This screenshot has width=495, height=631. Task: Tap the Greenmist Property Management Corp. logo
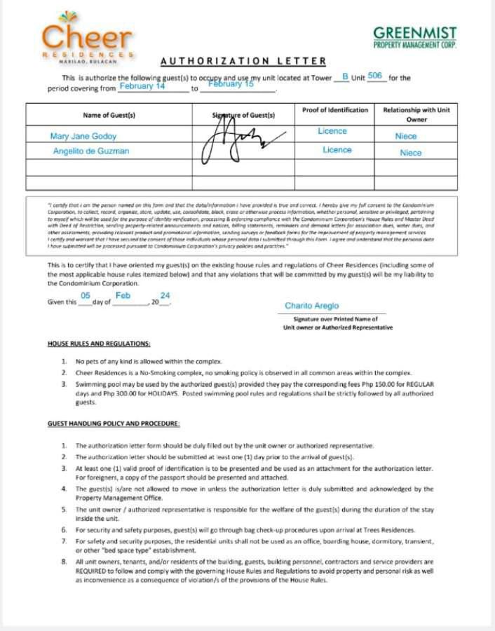click(414, 37)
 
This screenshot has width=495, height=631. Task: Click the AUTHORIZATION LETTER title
click(243, 62)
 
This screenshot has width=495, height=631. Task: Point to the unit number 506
click(374, 75)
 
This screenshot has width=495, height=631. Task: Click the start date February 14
click(142, 86)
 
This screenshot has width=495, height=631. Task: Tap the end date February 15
click(231, 84)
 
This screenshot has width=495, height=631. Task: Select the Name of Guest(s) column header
click(109, 115)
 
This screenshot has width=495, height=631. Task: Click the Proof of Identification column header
click(334, 111)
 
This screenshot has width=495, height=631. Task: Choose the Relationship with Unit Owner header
click(416, 115)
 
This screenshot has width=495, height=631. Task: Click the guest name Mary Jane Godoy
click(83, 137)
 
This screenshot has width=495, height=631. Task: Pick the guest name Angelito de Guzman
click(91, 151)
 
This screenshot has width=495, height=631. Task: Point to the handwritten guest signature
click(238, 140)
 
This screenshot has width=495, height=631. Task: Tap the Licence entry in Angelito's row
click(337, 150)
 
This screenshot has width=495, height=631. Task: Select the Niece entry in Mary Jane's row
click(406, 137)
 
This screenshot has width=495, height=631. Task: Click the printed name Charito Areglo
click(311, 306)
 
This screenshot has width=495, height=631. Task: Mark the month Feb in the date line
click(123, 296)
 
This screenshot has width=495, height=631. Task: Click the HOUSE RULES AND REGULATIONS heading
click(99, 344)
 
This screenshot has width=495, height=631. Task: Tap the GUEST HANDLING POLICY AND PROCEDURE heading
click(114, 424)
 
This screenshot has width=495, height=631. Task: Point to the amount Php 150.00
click(379, 385)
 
